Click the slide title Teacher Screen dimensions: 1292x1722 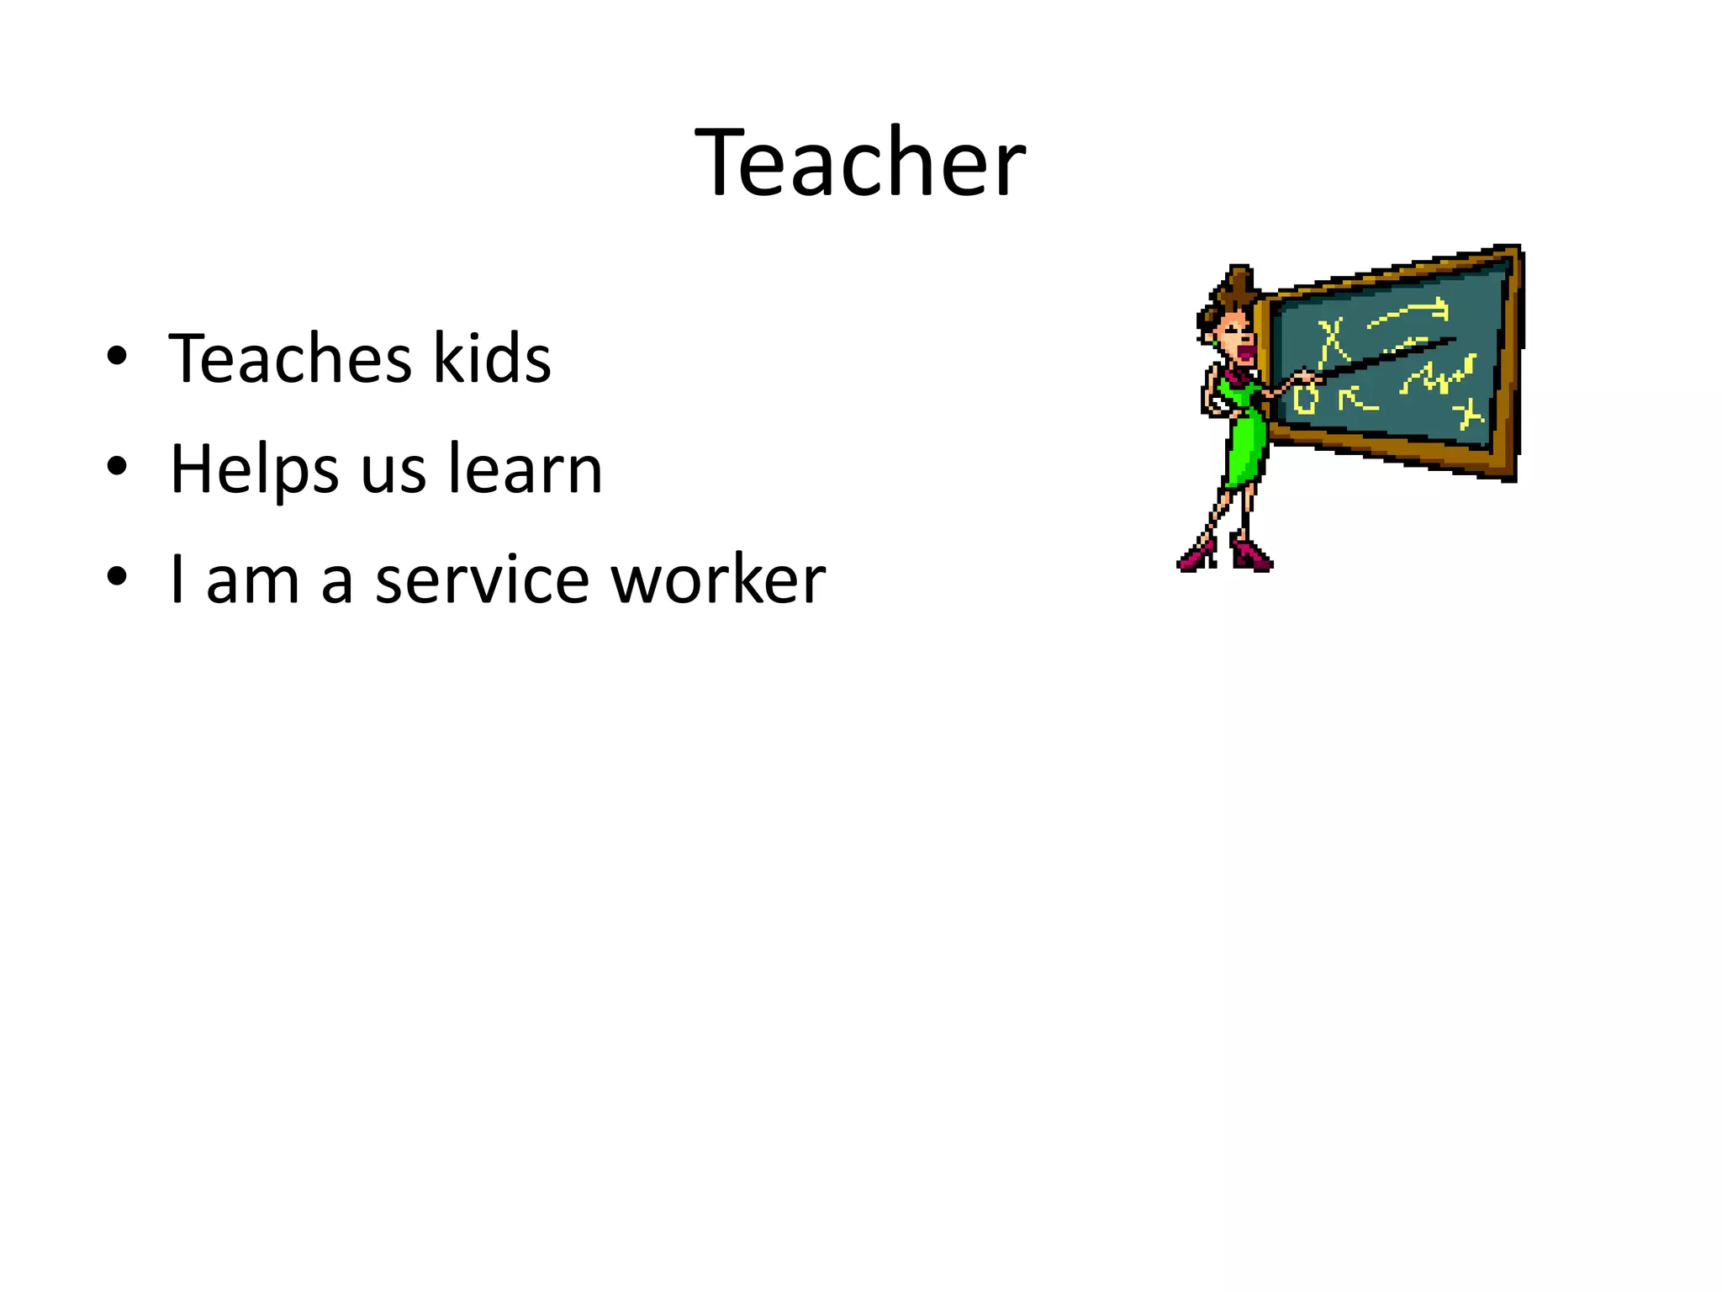860,162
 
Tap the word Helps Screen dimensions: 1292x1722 254,469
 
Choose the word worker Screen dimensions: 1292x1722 718,580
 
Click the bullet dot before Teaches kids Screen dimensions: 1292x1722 117,357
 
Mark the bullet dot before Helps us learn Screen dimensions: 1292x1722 117,467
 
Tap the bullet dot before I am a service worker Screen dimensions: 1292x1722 117,578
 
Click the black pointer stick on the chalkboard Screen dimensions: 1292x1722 1387,356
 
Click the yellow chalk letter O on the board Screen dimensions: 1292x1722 1304,400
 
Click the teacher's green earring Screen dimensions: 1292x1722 1216,342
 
